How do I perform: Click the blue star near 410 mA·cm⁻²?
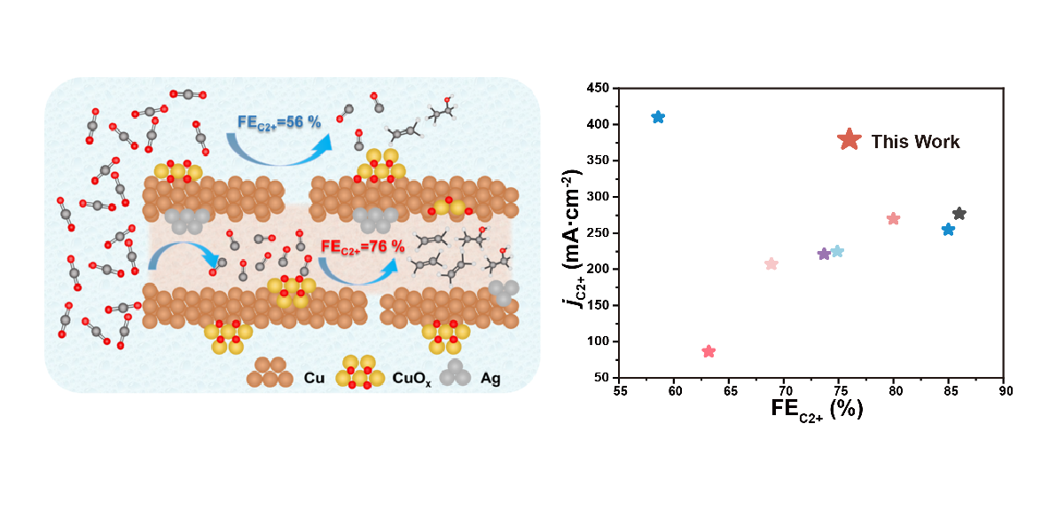(658, 117)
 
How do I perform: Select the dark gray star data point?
(959, 214)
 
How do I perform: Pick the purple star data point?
(824, 254)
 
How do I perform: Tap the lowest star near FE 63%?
(708, 351)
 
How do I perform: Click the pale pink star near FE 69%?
(771, 263)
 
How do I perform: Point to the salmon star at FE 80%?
(893, 219)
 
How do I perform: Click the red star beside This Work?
(849, 140)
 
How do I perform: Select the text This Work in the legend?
(915, 142)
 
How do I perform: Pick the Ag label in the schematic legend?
(490, 379)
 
